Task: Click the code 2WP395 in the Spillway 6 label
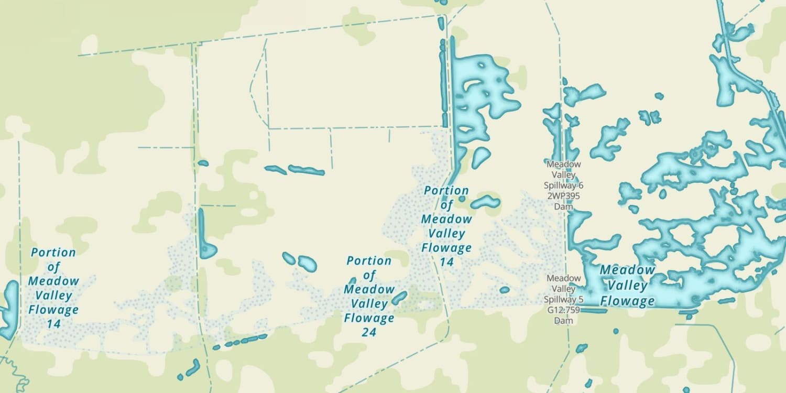tap(563, 196)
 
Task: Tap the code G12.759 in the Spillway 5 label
tap(563, 310)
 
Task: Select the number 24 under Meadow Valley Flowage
tap(369, 332)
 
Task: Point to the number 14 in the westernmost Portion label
tap(53, 324)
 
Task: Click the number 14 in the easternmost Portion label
tap(446, 261)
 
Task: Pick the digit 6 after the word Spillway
tap(580, 185)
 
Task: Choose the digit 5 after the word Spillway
tap(580, 300)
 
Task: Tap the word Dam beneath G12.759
tap(563, 321)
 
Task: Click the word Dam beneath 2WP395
tap(563, 206)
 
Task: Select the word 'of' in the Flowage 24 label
tap(369, 275)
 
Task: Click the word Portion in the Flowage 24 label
tap(369, 260)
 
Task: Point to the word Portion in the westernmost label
tap(53, 253)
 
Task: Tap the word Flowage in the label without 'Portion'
tap(627, 301)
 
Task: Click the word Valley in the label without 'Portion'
tap(627, 286)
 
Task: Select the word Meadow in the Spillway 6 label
tap(563, 164)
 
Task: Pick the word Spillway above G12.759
tap(560, 300)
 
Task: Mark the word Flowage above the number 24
tap(369, 318)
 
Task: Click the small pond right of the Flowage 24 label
tap(399, 298)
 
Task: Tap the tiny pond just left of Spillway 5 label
tap(505, 290)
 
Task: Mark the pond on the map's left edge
tap(8, 309)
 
